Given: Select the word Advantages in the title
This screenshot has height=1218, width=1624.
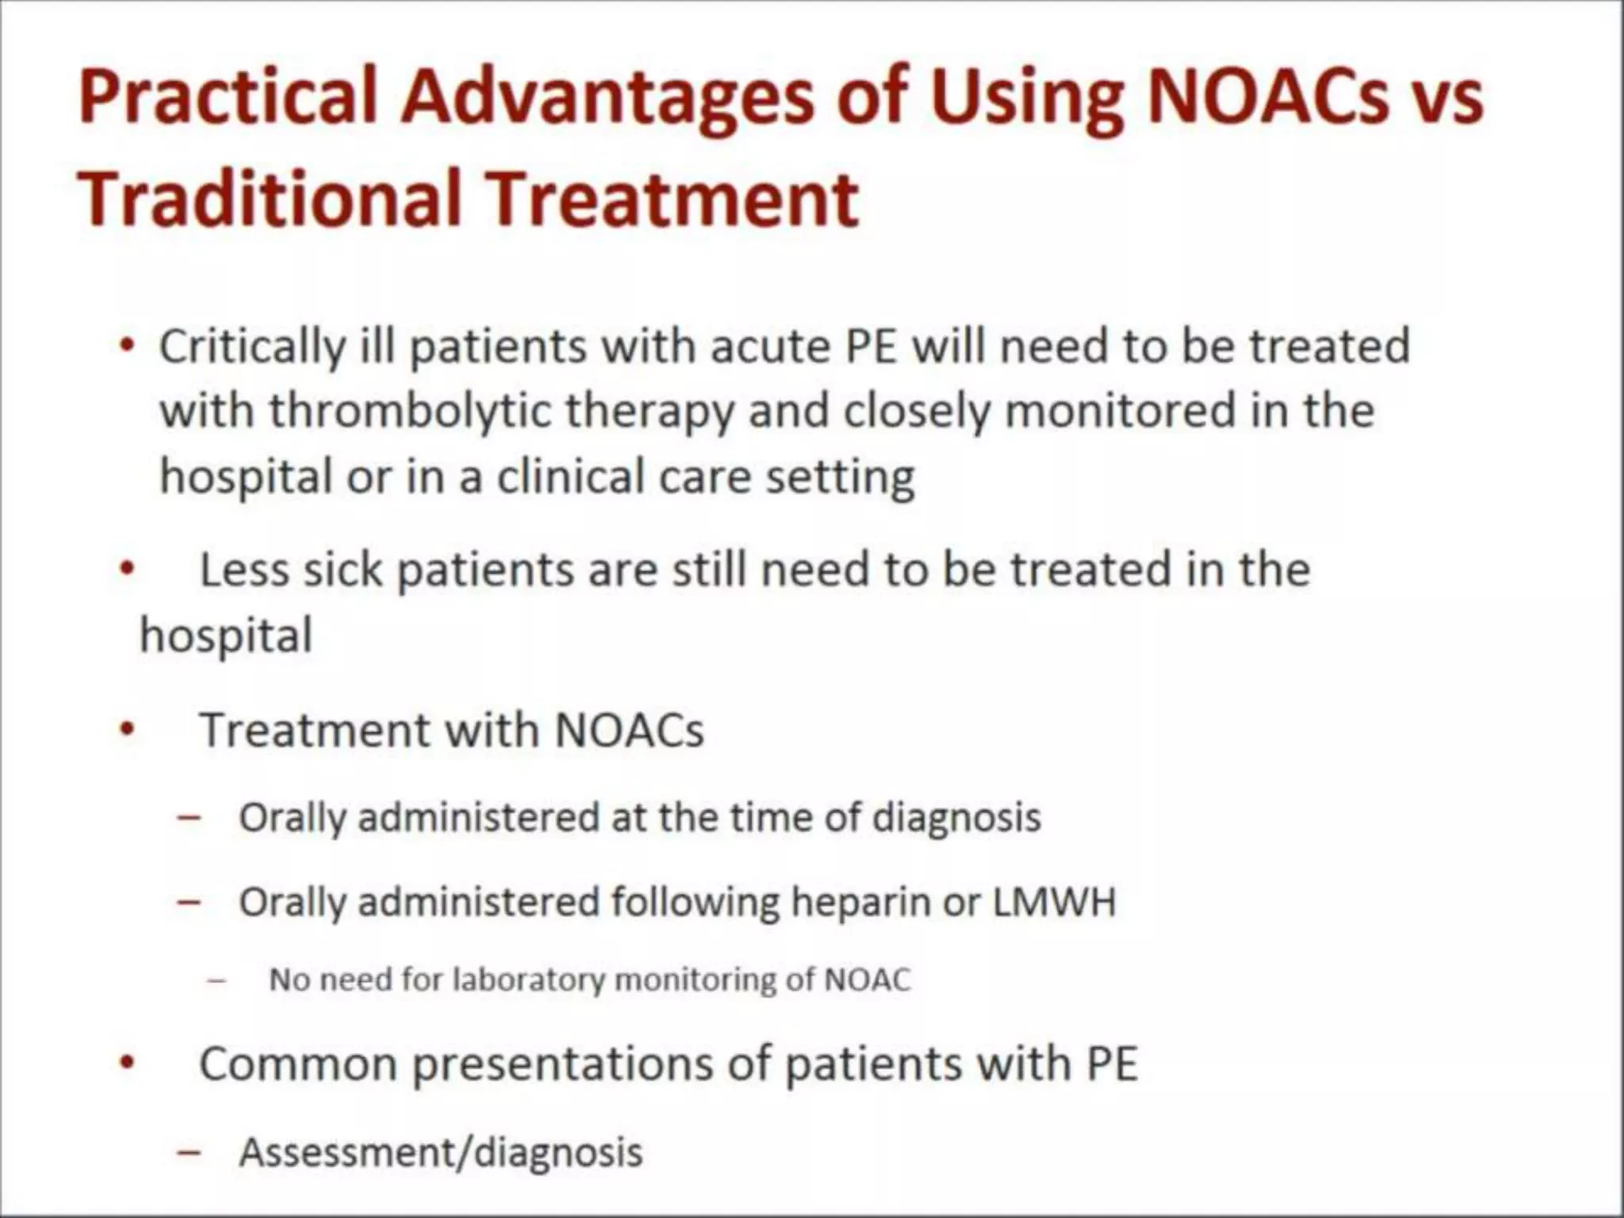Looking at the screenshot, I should click(x=607, y=98).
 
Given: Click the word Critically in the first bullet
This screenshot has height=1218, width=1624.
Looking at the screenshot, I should click(x=252, y=347).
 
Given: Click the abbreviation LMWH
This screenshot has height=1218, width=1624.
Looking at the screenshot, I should click(x=1054, y=902).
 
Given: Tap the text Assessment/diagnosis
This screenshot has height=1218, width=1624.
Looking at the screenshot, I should click(x=441, y=1152).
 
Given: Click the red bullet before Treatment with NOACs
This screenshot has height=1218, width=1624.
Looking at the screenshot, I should click(x=126, y=731).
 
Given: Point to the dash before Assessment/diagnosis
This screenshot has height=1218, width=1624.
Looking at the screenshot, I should click(x=189, y=1152).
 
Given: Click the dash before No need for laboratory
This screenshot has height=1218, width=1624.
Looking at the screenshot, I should click(x=216, y=981).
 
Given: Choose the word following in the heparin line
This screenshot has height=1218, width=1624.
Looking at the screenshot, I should click(x=695, y=903).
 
